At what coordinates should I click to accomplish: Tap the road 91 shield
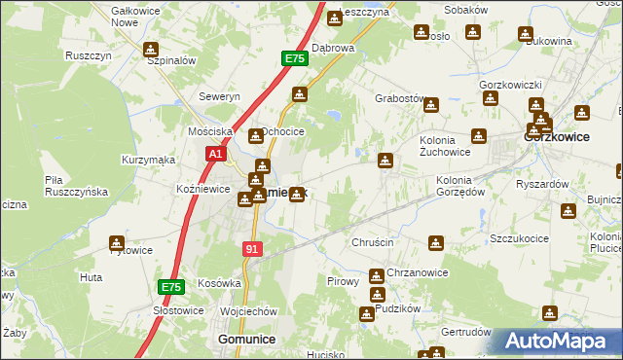pyautogui.click(x=252, y=250)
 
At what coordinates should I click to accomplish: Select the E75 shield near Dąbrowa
pyautogui.click(x=295, y=59)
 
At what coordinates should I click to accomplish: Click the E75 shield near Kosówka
pyautogui.click(x=171, y=287)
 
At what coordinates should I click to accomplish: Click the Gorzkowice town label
pyautogui.click(x=557, y=137)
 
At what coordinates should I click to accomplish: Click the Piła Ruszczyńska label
pyautogui.click(x=75, y=186)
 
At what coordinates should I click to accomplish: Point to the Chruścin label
pyautogui.click(x=371, y=241)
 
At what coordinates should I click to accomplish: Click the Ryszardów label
pyautogui.click(x=542, y=184)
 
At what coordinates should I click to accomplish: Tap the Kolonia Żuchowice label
pyautogui.click(x=445, y=145)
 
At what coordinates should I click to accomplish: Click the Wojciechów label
pyautogui.click(x=249, y=311)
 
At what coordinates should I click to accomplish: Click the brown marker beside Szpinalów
pyautogui.click(x=151, y=49)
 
